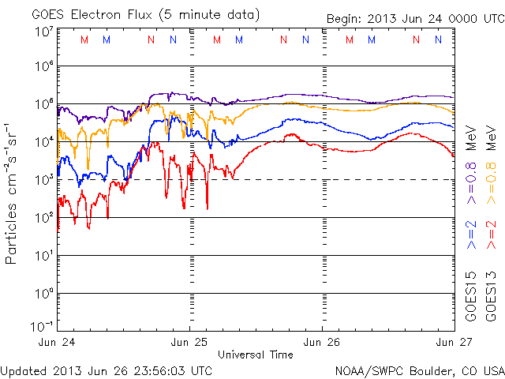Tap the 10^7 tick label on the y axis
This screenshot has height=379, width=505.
pos(43,32)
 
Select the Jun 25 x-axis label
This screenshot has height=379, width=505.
pos(191,343)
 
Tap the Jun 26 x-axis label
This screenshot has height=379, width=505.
pos(323,343)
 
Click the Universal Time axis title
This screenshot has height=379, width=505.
pos(256,355)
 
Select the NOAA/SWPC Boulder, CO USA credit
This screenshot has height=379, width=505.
pos(419,370)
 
